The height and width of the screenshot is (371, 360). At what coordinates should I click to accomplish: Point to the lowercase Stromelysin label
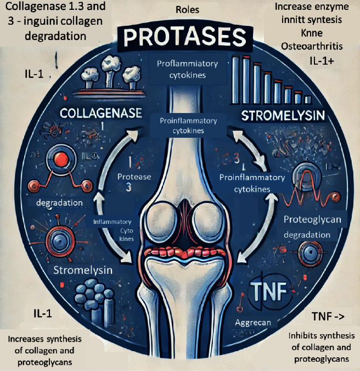[83, 270]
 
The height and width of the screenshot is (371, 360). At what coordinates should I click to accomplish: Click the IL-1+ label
[320, 60]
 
